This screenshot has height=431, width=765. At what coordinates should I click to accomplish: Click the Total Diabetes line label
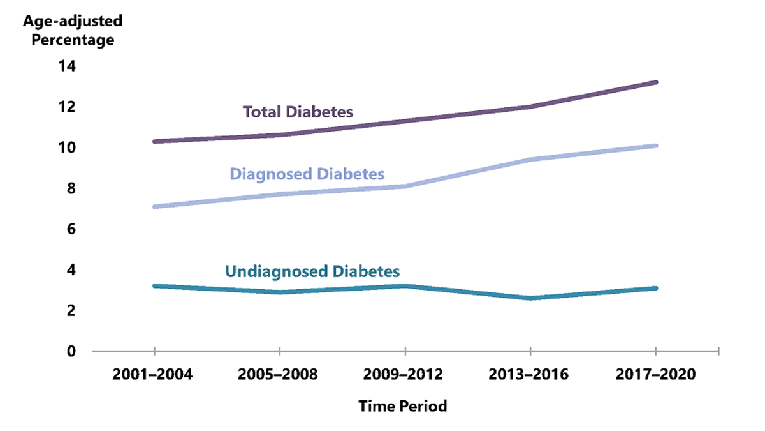pyautogui.click(x=298, y=112)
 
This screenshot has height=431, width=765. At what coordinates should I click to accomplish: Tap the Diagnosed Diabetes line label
pyautogui.click(x=307, y=174)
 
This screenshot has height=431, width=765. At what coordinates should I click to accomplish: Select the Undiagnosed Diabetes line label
pyautogui.click(x=312, y=271)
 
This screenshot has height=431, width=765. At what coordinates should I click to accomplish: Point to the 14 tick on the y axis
pyautogui.click(x=67, y=66)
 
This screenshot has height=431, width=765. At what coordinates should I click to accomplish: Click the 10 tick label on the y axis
pyautogui.click(x=67, y=147)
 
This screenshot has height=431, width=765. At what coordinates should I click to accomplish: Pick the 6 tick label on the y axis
pyautogui.click(x=71, y=229)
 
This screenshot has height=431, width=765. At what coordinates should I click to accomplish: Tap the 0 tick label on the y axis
pyautogui.click(x=71, y=351)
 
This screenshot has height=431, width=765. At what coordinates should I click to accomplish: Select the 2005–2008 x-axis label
pyautogui.click(x=278, y=374)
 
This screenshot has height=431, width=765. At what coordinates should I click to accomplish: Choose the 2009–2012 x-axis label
pyautogui.click(x=404, y=374)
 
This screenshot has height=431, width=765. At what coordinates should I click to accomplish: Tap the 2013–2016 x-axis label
pyautogui.click(x=530, y=374)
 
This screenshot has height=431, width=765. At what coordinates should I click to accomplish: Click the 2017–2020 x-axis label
pyautogui.click(x=656, y=374)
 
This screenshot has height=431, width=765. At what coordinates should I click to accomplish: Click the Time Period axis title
pyautogui.click(x=402, y=406)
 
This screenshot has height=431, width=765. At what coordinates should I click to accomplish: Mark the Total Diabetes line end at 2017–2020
pyautogui.click(x=656, y=82)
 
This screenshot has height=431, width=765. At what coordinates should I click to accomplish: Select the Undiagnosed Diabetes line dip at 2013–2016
pyautogui.click(x=530, y=298)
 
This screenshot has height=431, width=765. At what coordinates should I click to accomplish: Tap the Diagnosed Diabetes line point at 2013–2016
pyautogui.click(x=530, y=160)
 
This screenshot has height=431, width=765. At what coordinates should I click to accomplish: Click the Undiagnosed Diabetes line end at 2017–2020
pyautogui.click(x=656, y=288)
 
